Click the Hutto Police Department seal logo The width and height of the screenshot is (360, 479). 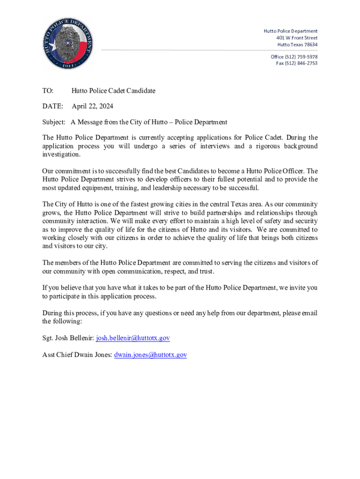coord(67,43)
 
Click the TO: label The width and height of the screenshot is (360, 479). coord(48,91)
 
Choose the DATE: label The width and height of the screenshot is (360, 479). coord(53,107)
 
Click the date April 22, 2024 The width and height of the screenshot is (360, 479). coord(92,107)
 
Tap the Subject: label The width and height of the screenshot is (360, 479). coord(54,122)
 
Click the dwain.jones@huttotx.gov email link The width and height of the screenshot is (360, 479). coord(151,355)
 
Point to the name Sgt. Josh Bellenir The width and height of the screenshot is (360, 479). coord(68,338)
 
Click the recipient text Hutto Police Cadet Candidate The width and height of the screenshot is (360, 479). coord(114,91)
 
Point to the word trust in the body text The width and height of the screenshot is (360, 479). coord(206,271)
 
